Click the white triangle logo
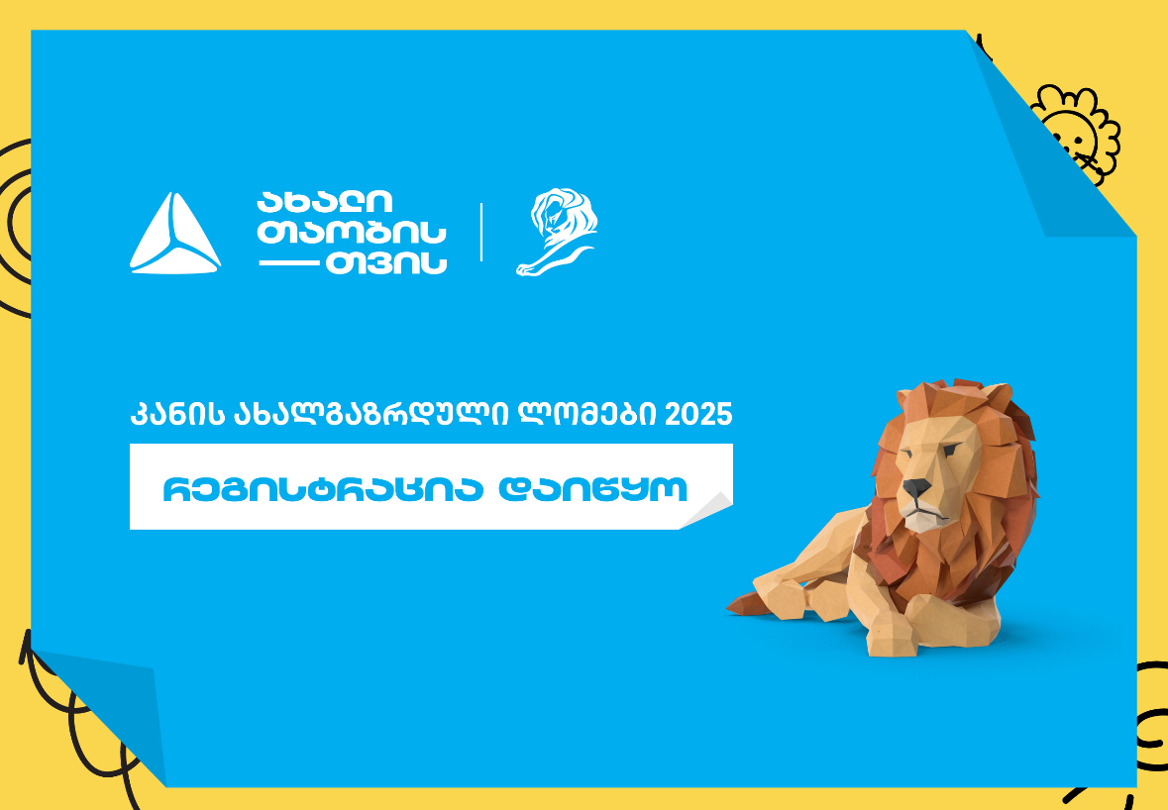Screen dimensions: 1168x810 click(x=175, y=235)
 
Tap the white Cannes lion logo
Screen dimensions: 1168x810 click(x=557, y=232)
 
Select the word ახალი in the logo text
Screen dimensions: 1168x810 click(x=324, y=202)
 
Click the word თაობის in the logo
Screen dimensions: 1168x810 click(x=352, y=233)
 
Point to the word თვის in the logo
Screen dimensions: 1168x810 click(x=385, y=262)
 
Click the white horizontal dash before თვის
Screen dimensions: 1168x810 click(x=288, y=262)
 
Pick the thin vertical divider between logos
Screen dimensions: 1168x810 click(x=481, y=232)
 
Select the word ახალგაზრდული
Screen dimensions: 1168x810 click(x=371, y=415)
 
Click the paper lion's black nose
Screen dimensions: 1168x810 click(x=916, y=488)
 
